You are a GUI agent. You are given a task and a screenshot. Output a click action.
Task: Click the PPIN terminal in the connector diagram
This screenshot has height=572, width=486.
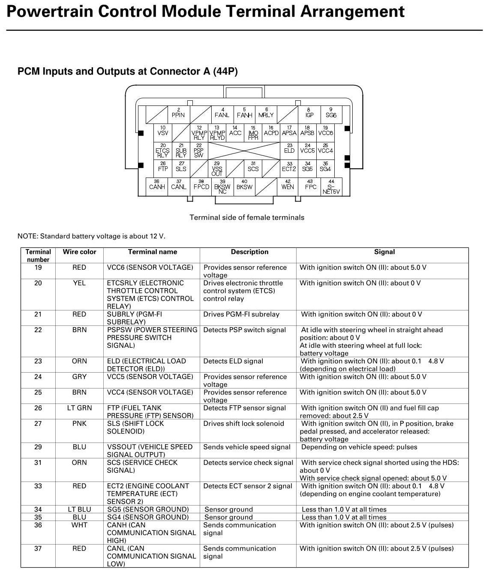[x=178, y=114]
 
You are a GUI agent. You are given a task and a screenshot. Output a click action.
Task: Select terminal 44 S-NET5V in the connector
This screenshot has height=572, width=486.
[x=331, y=187]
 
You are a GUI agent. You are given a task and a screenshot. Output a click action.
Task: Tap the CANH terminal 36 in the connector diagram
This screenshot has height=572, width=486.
[x=157, y=185]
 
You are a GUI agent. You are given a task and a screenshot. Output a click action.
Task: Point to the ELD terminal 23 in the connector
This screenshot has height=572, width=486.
[x=289, y=149]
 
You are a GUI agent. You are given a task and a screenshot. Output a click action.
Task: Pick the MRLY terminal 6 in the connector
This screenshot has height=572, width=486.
[x=266, y=114]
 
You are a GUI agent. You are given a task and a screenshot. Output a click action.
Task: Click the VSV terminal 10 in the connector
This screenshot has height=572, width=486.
[x=163, y=131]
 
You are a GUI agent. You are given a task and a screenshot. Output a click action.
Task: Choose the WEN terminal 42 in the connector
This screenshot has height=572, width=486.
[x=288, y=185]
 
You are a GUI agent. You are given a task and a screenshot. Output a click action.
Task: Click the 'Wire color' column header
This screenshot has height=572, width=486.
[x=79, y=252]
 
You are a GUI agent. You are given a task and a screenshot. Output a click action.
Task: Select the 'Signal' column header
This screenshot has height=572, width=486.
[x=384, y=252]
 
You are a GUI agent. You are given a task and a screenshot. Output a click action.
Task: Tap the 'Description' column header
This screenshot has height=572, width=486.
[x=249, y=252]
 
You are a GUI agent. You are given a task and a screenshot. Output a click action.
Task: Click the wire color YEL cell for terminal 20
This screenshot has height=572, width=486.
[x=79, y=283]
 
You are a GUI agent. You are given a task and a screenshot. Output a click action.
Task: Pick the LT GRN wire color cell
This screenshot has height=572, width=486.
[x=79, y=408]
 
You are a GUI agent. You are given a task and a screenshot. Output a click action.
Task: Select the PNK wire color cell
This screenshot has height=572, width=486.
[x=79, y=424]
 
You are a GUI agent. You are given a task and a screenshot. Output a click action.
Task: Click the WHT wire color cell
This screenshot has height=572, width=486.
[x=79, y=525]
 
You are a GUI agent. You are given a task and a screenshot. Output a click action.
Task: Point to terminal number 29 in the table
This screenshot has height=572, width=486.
[x=38, y=447]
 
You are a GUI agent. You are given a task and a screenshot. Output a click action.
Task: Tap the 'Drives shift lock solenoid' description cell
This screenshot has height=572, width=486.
[x=243, y=424]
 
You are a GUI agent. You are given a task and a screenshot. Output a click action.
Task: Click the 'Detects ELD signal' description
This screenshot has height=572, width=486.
[x=233, y=361]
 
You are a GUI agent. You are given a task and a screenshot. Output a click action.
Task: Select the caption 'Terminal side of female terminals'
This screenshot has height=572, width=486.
[x=247, y=217]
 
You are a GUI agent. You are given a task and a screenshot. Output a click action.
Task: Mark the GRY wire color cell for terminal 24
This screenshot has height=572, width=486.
[x=79, y=377]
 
